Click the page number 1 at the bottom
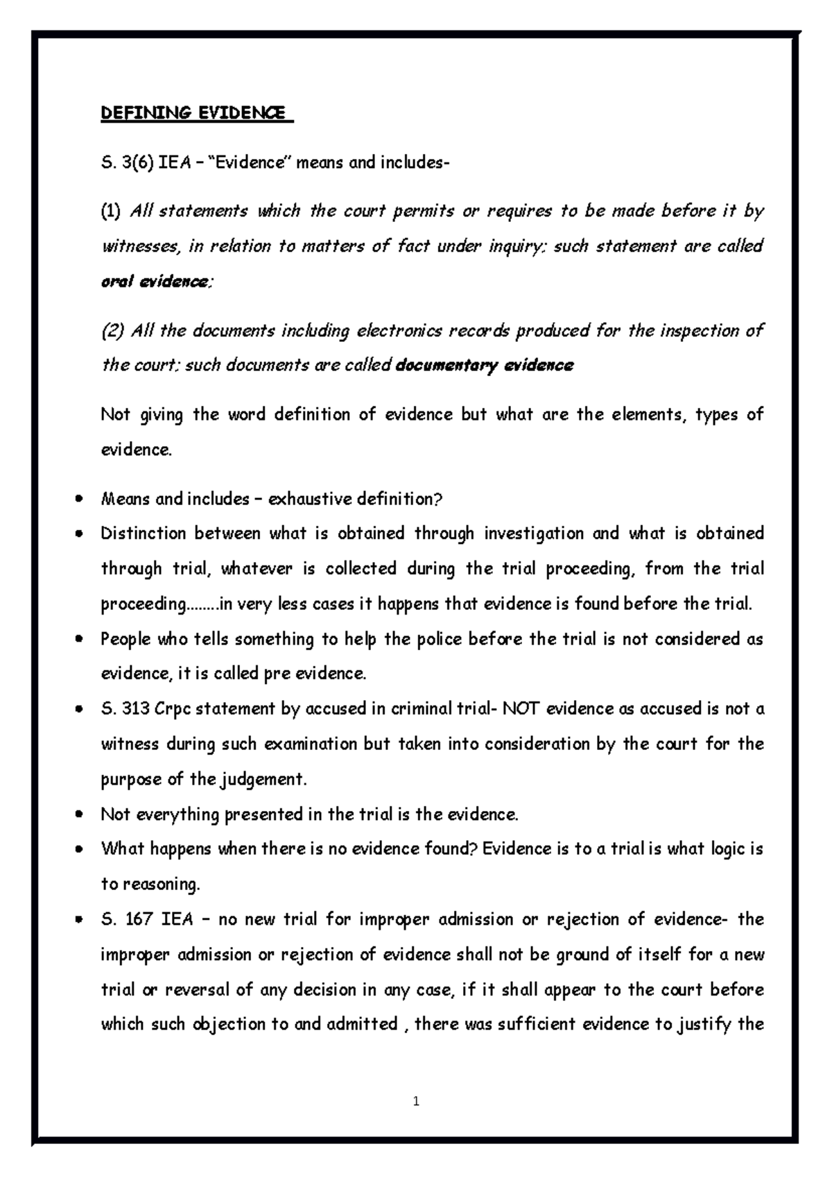[x=416, y=1101]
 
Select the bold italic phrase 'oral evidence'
[x=155, y=282]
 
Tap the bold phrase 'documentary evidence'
[x=484, y=366]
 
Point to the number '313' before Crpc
[x=136, y=709]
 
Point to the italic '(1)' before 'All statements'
[x=111, y=211]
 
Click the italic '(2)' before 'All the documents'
[x=112, y=331]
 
